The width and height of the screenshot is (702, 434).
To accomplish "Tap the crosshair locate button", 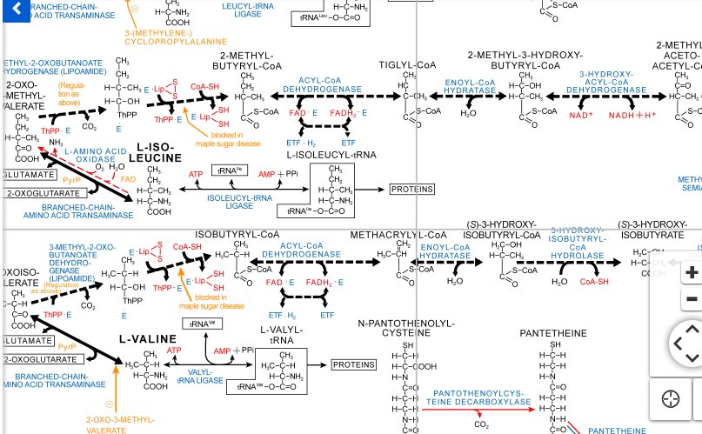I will [x=671, y=399].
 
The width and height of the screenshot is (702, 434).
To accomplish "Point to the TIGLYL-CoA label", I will [x=407, y=65].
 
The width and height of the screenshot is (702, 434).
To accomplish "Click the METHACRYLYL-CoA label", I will [x=399, y=235].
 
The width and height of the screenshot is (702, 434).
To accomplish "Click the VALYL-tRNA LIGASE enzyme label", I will [x=200, y=376].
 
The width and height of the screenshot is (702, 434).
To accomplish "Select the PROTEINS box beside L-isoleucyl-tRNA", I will [x=411, y=189].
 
